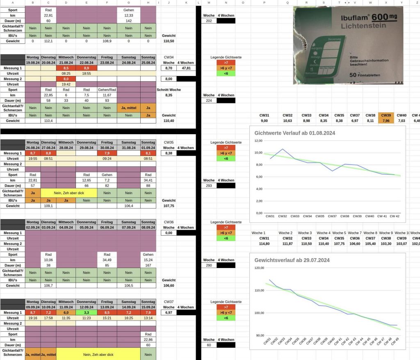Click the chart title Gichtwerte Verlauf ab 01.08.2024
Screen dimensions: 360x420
[295, 133]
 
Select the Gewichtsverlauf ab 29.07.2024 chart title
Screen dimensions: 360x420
[292, 260]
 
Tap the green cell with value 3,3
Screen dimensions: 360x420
[86, 313]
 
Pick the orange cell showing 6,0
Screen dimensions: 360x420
[66, 313]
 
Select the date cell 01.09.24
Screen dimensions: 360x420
[148, 148]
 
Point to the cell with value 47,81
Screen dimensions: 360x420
[186, 68]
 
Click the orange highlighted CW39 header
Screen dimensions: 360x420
[386, 116]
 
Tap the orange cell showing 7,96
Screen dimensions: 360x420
[386, 121]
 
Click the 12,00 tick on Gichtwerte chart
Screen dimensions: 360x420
[258, 140]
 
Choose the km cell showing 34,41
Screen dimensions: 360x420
[148, 180]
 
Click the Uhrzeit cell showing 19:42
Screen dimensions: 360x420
[66, 84]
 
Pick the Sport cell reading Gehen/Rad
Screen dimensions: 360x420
[107, 89]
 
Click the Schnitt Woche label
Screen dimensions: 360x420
[169, 89]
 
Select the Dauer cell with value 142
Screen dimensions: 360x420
[128, 21]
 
